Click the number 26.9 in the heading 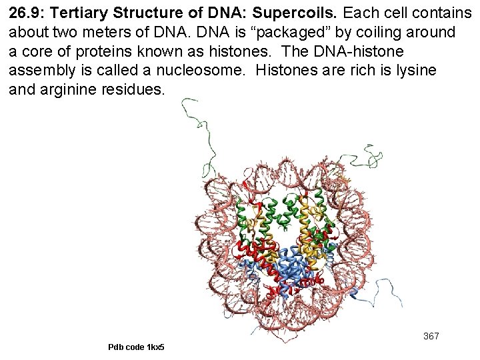click(25, 13)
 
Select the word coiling click(387, 33)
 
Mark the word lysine click(414, 71)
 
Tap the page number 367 click(431, 336)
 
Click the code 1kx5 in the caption click(155, 347)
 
